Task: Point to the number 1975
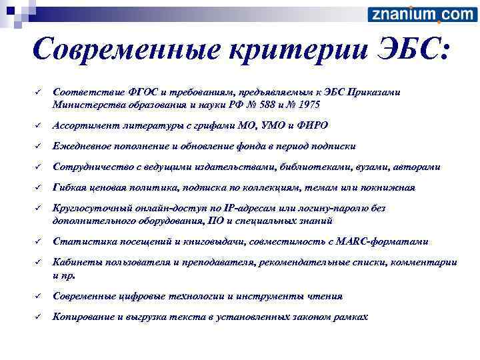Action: pos(309,105)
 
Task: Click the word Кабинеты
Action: pos(75,263)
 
